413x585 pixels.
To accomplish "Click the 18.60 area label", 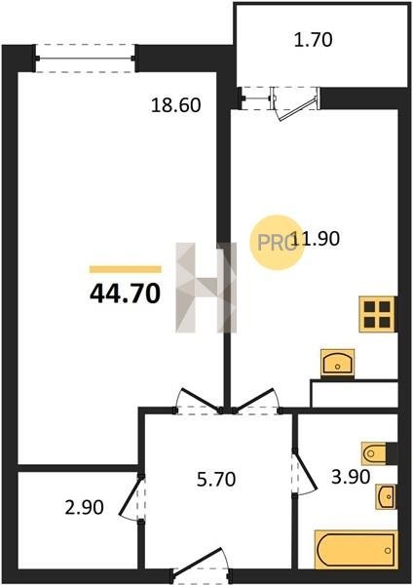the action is tap(176, 105).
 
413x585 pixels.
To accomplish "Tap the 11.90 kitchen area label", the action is tap(316, 239).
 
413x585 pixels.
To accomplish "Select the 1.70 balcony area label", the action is tap(313, 40).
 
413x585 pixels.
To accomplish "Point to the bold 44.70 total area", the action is tap(126, 293).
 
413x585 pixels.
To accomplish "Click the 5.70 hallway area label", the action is tap(216, 480).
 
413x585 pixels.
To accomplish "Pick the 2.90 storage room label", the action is tap(84, 508).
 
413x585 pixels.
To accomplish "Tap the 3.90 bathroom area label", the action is tap(351, 477).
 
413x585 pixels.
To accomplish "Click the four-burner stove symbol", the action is tap(377, 314).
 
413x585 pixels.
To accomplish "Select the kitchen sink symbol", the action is tap(338, 363).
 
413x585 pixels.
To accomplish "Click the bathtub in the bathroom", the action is tap(356, 550).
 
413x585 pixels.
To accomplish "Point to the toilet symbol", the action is tap(374, 453).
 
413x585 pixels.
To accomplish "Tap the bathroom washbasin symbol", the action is tap(386, 496).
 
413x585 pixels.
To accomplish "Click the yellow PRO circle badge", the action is tap(278, 243).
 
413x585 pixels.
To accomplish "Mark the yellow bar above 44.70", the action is tap(126, 269).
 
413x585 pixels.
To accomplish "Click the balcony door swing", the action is tap(296, 104).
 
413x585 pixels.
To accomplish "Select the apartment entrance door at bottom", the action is tap(202, 565).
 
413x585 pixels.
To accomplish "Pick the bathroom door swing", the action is tap(304, 473).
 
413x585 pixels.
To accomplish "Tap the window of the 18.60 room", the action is tap(86, 58).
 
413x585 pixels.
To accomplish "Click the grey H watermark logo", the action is tap(206, 288).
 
